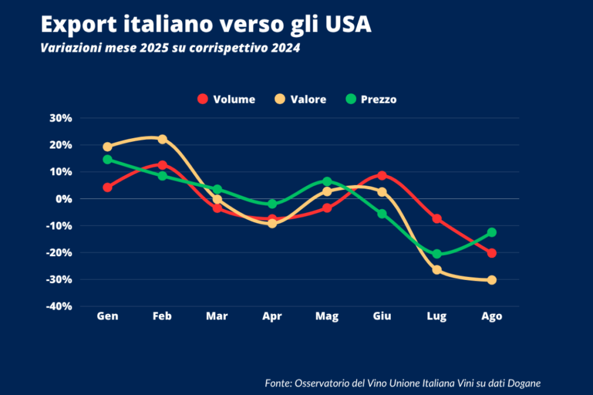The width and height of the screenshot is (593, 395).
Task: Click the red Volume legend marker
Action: [x=202, y=99]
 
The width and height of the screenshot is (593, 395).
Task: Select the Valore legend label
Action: [x=309, y=99]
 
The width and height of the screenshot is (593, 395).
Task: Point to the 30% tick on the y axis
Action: [x=60, y=118]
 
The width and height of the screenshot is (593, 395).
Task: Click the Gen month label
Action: [x=107, y=316]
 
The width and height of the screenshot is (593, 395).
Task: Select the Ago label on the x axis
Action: [x=492, y=316]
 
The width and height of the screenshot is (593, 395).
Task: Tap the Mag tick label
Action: [x=327, y=316]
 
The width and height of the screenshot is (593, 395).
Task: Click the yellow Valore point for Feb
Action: [x=162, y=139]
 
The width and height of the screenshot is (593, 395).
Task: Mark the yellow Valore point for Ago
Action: [x=492, y=280]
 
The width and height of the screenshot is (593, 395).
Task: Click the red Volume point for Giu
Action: [x=382, y=175]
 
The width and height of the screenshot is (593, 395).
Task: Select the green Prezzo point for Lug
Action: [x=437, y=254]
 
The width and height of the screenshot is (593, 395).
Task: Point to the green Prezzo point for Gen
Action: [x=107, y=160]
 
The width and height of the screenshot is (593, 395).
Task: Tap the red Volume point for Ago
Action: [x=492, y=253]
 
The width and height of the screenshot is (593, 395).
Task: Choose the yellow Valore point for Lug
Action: [x=437, y=270]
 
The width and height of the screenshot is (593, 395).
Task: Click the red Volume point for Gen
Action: [x=107, y=187]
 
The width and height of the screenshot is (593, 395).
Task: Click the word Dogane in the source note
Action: [x=523, y=383]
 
